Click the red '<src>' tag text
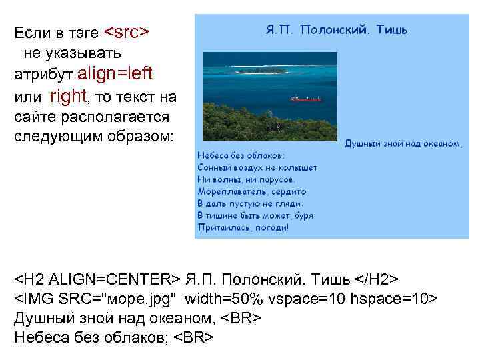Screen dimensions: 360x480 [x=127, y=32]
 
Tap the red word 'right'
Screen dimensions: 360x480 [x=69, y=97]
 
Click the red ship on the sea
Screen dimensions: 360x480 [x=306, y=99]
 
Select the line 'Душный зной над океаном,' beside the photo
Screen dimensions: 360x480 [x=403, y=143]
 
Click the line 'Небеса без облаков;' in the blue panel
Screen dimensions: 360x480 [x=241, y=155]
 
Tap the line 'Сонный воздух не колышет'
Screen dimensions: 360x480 [x=257, y=167]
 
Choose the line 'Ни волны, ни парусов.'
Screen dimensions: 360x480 [x=247, y=179]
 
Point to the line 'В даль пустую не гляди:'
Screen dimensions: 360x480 [x=251, y=203]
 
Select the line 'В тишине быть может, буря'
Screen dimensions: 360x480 [x=255, y=215]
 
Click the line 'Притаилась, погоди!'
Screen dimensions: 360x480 [x=243, y=227]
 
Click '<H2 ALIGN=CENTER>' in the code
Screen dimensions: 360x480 [x=97, y=278]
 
